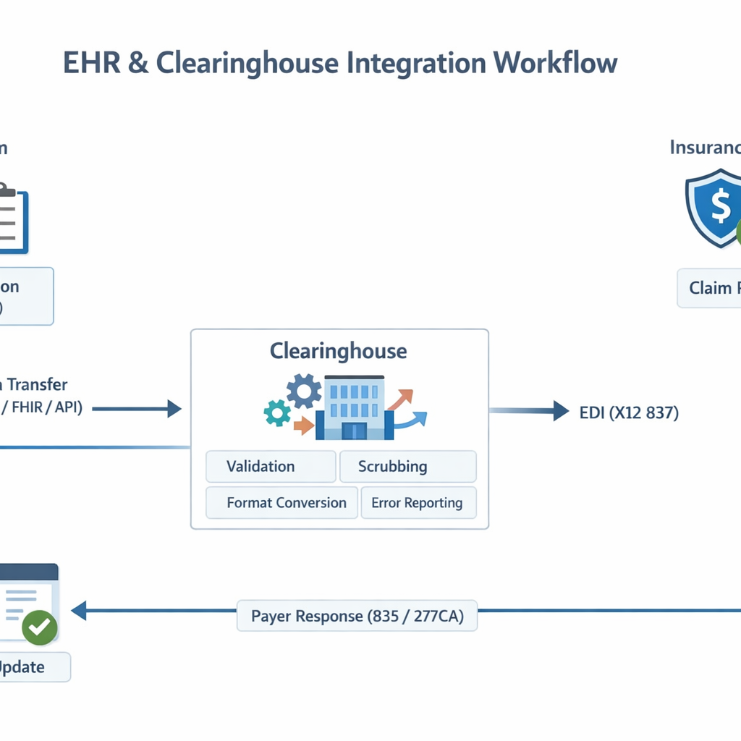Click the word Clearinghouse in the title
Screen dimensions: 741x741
coord(247,63)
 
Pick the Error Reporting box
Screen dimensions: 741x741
coord(418,503)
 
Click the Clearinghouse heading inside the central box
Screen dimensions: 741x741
coord(338,352)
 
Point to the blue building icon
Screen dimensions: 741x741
coord(354,409)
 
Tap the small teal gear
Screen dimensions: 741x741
coord(277,413)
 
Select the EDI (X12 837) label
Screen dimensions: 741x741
coord(629,413)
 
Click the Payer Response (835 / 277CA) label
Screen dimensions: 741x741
coord(357,617)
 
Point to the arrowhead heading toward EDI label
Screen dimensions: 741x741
coord(561,411)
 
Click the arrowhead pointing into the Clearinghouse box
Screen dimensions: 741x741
coord(174,409)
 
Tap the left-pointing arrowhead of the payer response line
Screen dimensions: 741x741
coord(79,611)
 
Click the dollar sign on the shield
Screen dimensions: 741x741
coord(721,206)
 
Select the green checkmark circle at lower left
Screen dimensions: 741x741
coord(39,627)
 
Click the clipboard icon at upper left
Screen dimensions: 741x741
coord(10,219)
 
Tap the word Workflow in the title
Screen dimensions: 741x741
coord(556,63)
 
